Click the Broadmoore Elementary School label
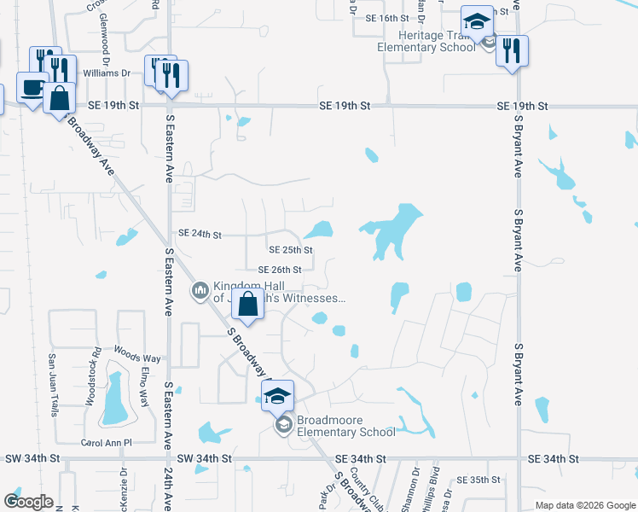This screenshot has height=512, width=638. [x=345, y=426]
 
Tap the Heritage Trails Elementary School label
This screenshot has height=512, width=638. [x=426, y=41]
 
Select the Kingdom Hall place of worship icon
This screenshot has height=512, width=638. [x=200, y=291]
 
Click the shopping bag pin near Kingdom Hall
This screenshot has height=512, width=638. [x=247, y=305]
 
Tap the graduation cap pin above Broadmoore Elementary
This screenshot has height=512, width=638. [x=277, y=395]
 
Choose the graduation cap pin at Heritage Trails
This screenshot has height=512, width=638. [x=477, y=20]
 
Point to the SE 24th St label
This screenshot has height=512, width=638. [x=200, y=234]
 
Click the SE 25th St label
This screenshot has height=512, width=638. [x=291, y=250]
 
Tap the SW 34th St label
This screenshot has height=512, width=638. [x=32, y=458]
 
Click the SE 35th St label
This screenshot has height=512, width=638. [x=478, y=480]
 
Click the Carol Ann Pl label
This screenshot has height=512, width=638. [x=106, y=443]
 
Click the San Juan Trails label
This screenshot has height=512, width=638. [x=52, y=384]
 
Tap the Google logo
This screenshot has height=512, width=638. [x=29, y=502]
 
